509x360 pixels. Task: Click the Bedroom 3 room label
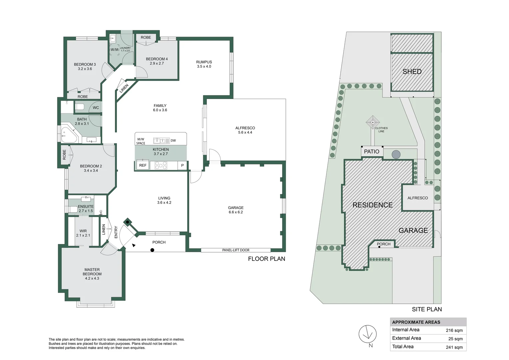tap(85, 64)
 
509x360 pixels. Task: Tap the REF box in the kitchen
tap(143, 165)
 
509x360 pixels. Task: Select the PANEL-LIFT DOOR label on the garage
tap(236, 250)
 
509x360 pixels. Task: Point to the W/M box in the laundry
tap(114, 50)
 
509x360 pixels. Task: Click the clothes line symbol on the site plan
tap(372, 122)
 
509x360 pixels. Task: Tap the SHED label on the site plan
tap(412, 71)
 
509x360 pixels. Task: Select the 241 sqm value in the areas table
tap(454, 347)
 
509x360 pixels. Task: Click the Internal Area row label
tap(406, 330)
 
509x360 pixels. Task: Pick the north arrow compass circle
tap(367, 334)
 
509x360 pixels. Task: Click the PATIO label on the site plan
tap(371, 152)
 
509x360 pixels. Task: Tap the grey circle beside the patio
tap(396, 154)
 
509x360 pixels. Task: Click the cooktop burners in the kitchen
tap(161, 165)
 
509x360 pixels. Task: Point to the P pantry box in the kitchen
tap(182, 165)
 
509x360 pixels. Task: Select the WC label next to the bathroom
tap(96, 108)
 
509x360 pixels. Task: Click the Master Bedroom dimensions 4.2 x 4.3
tap(92, 278)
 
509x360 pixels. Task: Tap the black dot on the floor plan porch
tap(152, 250)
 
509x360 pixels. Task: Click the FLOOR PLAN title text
tap(266, 259)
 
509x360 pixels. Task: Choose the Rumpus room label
tap(204, 62)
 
